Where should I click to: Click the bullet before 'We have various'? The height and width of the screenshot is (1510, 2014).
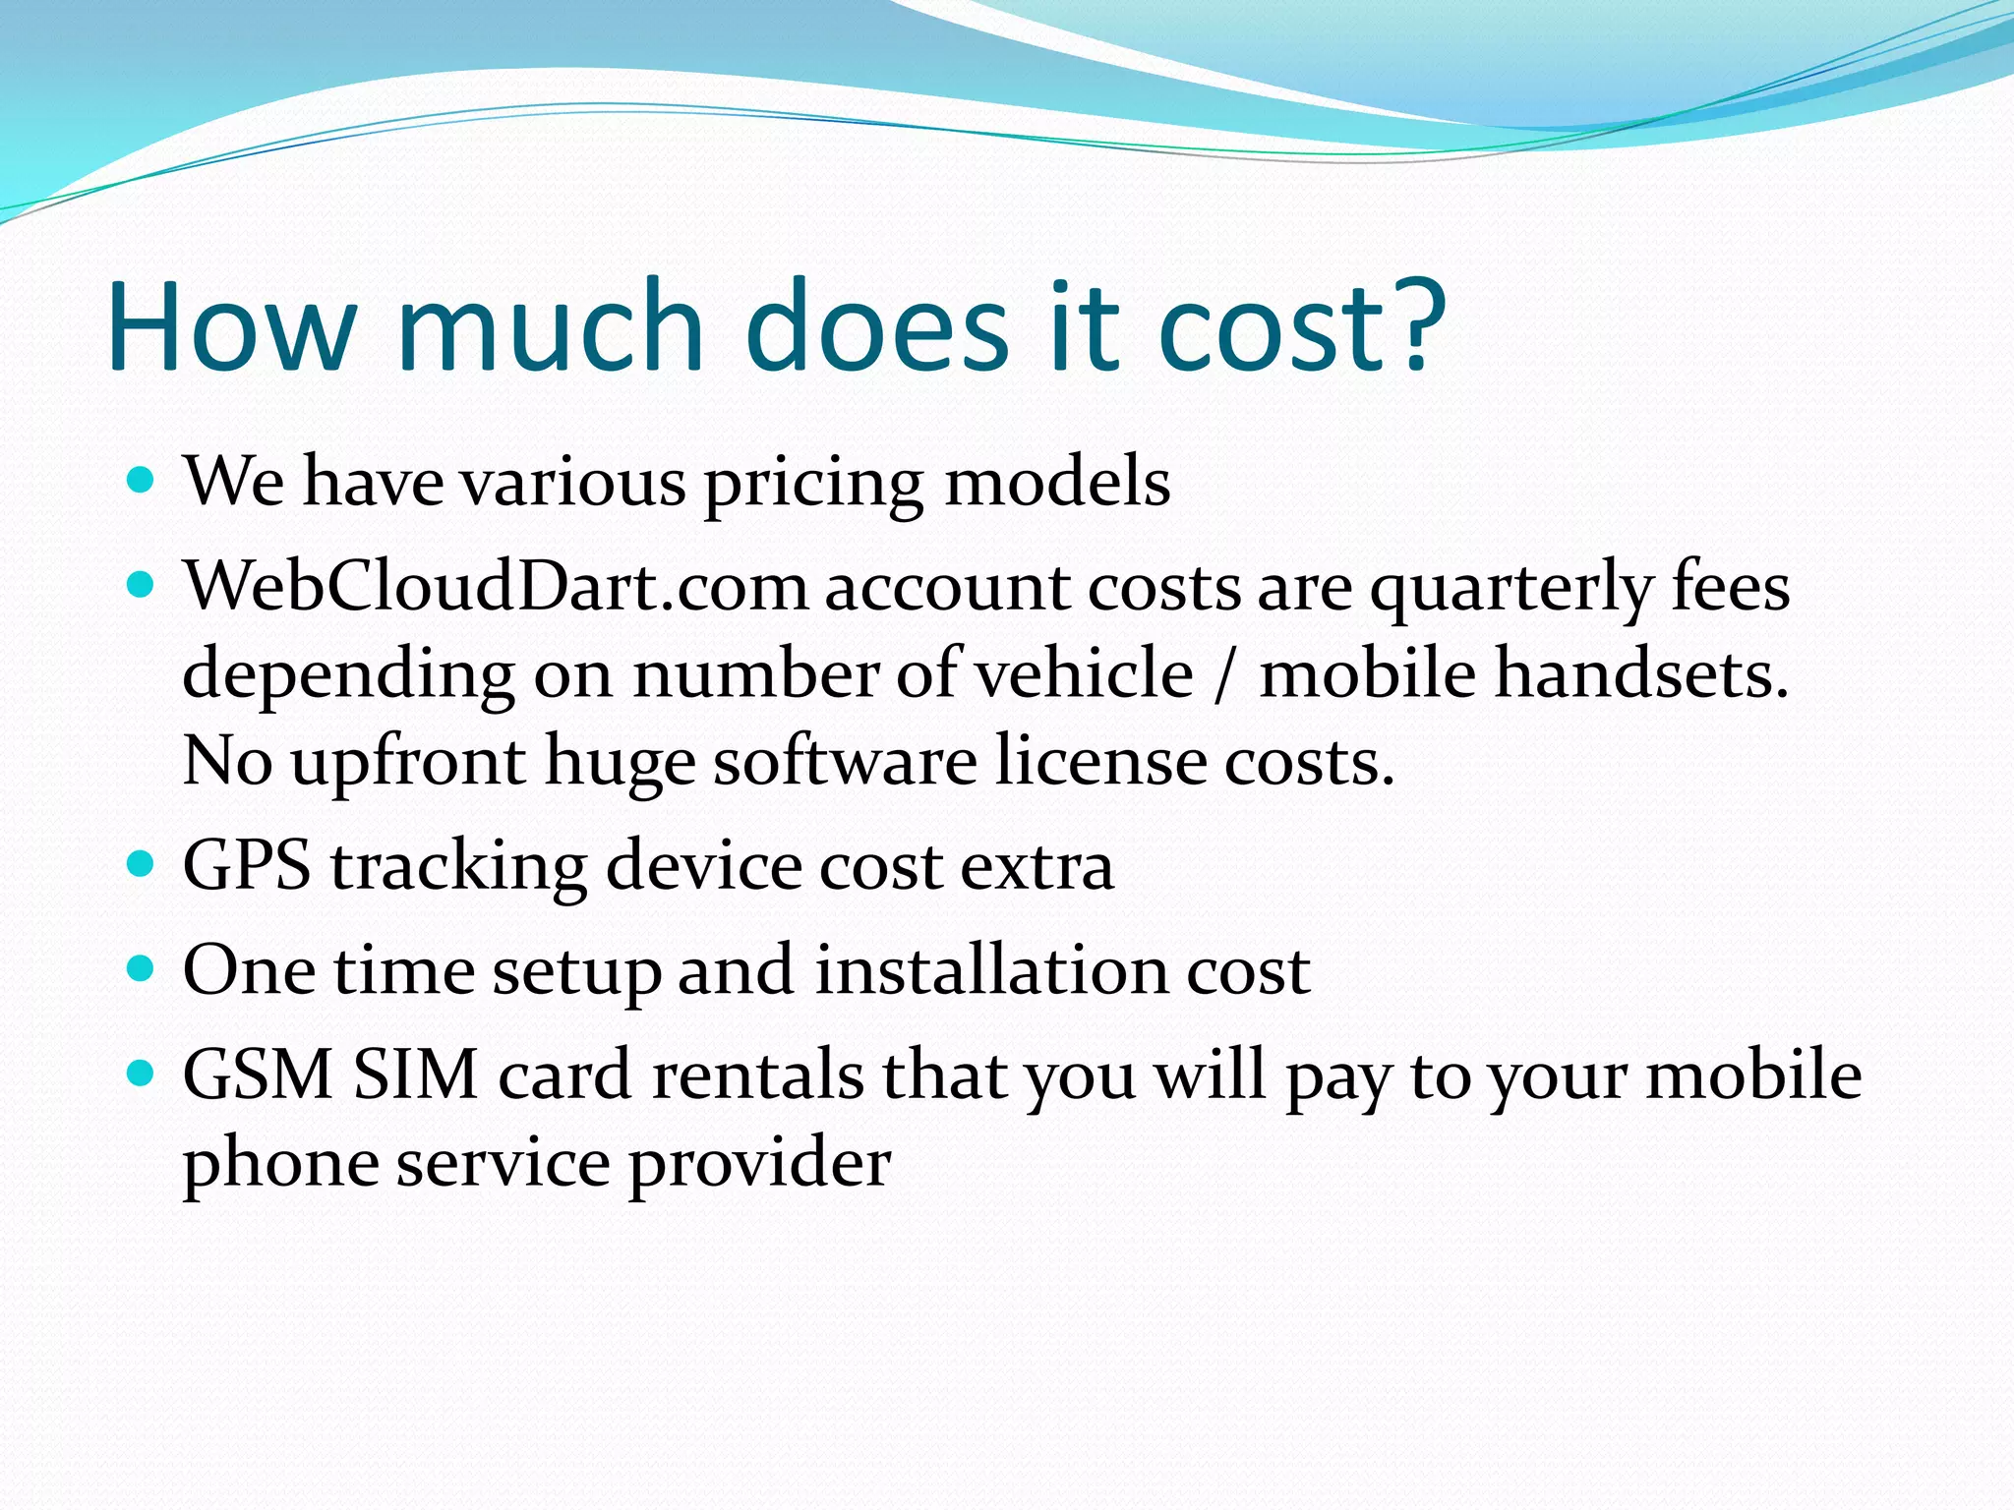click(142, 481)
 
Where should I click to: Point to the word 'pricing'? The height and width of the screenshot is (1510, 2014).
click(813, 486)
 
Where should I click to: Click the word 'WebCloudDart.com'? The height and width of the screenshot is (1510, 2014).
click(496, 588)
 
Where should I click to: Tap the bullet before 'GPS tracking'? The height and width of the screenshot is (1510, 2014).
click(142, 864)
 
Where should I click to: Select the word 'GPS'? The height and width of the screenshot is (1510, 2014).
click(247, 866)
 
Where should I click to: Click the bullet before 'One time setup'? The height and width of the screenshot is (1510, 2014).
click(142, 969)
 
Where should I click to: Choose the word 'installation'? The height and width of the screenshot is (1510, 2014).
click(991, 971)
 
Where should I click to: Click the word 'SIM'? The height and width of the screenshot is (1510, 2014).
click(415, 1074)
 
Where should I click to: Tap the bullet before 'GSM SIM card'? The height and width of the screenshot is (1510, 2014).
click(142, 1074)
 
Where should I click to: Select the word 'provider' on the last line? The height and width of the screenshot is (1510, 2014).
click(759, 1166)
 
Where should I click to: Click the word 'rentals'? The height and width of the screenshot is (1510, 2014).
click(757, 1074)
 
